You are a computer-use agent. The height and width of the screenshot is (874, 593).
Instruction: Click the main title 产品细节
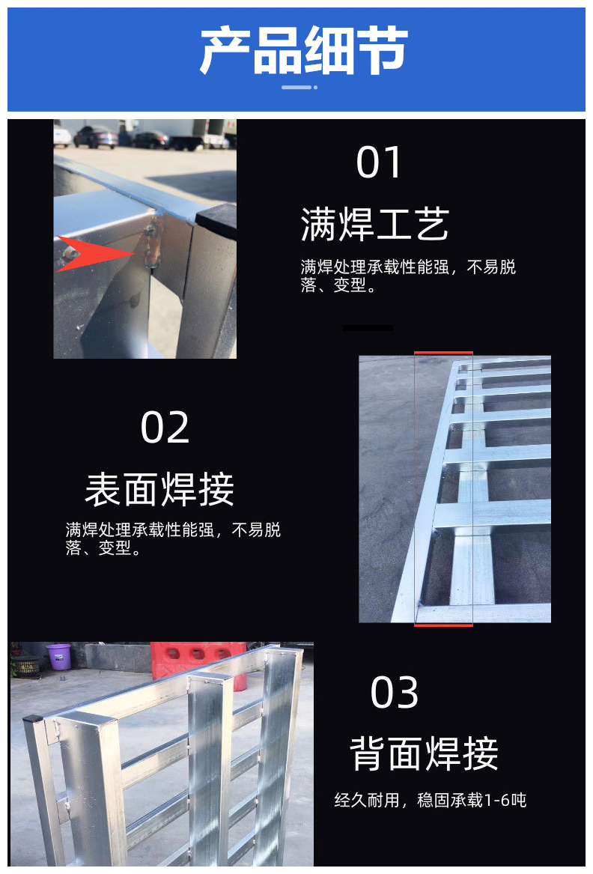pyautogui.click(x=304, y=50)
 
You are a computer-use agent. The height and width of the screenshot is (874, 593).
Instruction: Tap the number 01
pyautogui.click(x=379, y=163)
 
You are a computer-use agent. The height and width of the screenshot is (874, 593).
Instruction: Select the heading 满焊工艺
pyautogui.click(x=374, y=224)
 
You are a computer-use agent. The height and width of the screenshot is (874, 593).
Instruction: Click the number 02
pyautogui.click(x=165, y=428)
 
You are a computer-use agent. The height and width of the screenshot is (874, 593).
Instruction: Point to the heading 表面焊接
pyautogui.click(x=159, y=489)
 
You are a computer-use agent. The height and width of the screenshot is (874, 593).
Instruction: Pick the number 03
pyautogui.click(x=394, y=692)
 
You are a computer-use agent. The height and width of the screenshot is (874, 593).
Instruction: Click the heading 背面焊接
pyautogui.click(x=424, y=753)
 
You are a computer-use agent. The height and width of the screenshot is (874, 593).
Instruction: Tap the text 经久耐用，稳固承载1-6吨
pyautogui.click(x=431, y=801)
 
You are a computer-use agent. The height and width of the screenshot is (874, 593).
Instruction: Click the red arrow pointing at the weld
pyautogui.click(x=96, y=254)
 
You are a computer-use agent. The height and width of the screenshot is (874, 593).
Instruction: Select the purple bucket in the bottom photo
pyautogui.click(x=58, y=656)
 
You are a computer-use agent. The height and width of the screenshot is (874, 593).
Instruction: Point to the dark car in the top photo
pyautogui.click(x=96, y=137)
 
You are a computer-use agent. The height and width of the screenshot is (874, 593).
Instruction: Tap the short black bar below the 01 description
pyautogui.click(x=368, y=328)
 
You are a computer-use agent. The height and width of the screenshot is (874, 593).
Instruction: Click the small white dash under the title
pyautogui.click(x=296, y=87)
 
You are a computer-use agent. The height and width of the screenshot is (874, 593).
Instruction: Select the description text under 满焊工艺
pyautogui.click(x=408, y=276)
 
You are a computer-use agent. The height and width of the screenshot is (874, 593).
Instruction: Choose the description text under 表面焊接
pyautogui.click(x=173, y=538)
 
